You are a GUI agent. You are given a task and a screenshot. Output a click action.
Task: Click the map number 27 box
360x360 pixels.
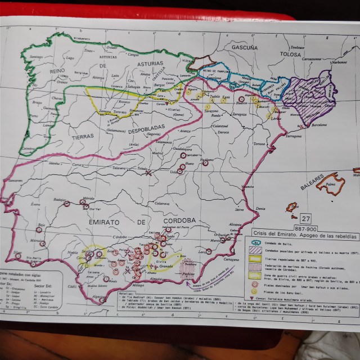click(x=305, y=218)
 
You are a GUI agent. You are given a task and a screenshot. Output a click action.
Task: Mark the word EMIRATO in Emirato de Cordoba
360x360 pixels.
click(x=107, y=223)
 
